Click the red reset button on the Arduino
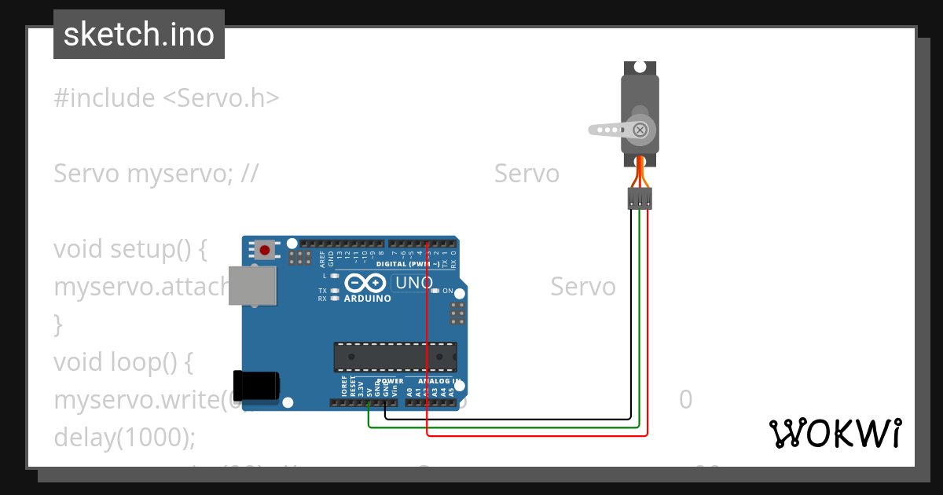point(265,251)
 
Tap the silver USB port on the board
point(253,284)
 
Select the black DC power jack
point(257,384)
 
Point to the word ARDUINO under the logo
point(367,299)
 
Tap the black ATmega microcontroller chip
point(394,356)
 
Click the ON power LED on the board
point(435,291)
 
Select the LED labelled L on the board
point(335,276)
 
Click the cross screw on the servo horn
point(640,130)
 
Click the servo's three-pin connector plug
point(640,199)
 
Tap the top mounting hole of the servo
point(640,68)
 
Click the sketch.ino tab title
point(139,35)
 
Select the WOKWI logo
point(835,433)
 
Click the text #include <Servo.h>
point(167,98)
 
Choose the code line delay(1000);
point(124,437)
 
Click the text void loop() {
point(123,361)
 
